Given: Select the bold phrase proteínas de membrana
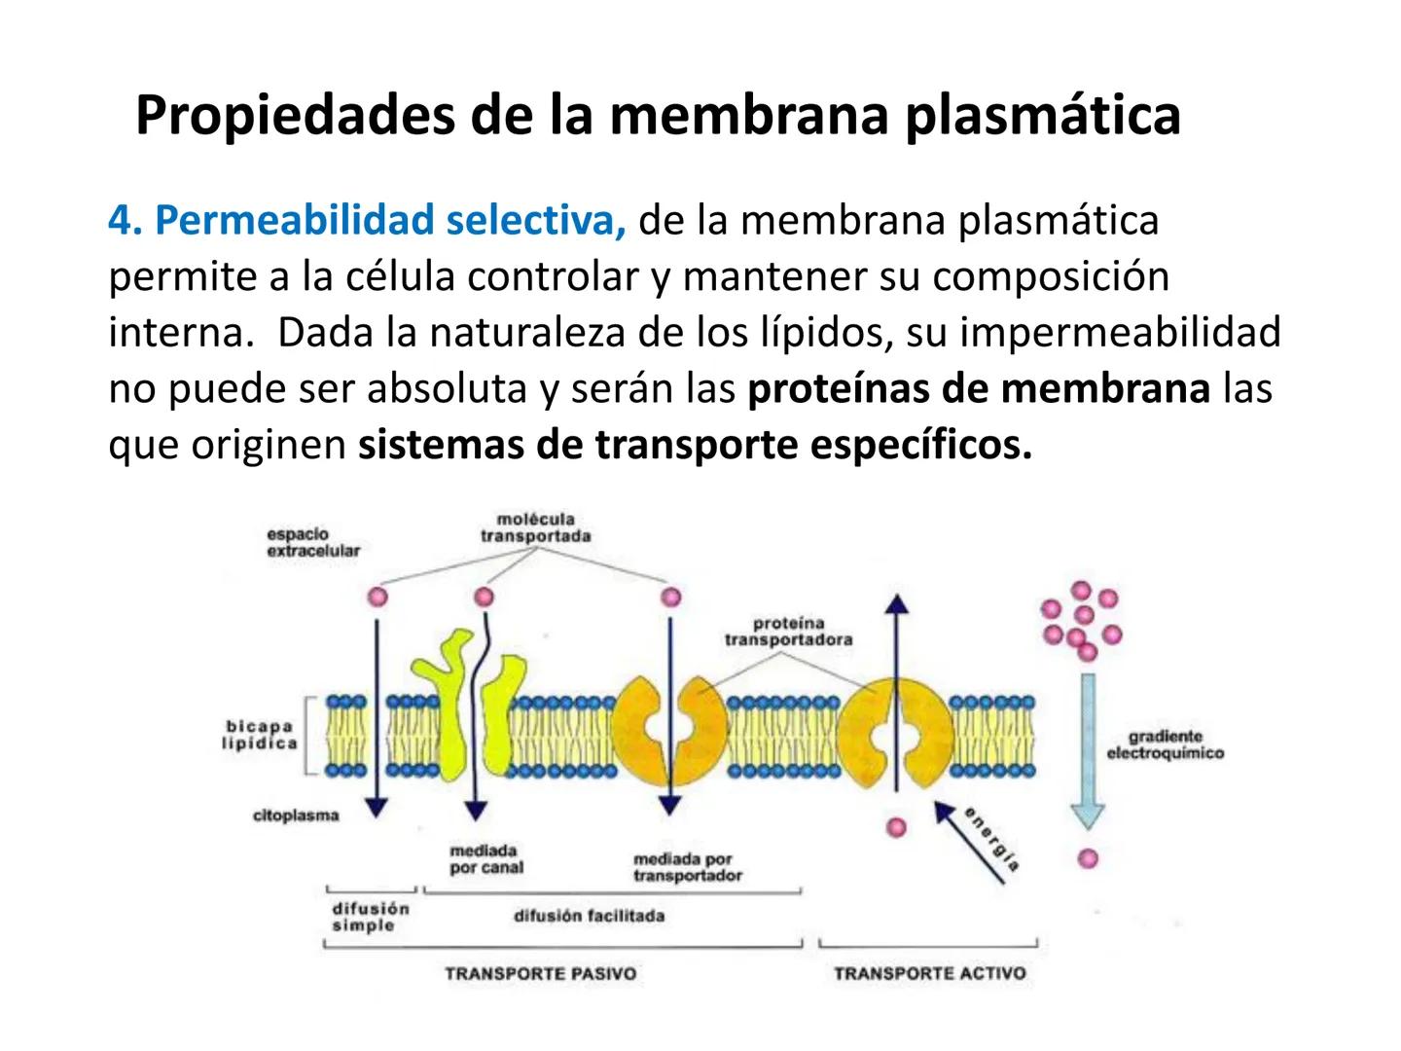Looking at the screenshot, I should coord(979,388).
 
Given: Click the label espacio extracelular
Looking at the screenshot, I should coord(312,542).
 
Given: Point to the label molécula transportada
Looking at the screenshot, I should coord(535,527).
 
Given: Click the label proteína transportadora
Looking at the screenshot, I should coord(788,631).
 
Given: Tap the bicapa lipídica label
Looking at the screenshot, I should coord(260,735).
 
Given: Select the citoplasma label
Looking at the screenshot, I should coord(296,815).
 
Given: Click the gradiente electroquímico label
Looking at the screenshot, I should coord(1165,745).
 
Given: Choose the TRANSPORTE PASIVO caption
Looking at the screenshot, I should coord(540,973).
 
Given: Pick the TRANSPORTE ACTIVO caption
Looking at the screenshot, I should coord(929,973).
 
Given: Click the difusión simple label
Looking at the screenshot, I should coord(370,917).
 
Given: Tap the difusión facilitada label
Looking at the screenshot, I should coord(589,916).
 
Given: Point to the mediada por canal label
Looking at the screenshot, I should coord(486,859).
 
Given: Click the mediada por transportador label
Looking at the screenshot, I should coord(687,867).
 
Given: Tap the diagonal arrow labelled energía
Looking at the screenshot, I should coord(969,843).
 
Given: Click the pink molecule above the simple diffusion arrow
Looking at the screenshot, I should coord(377,597).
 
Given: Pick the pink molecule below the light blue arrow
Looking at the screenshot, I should coord(1088,858).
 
